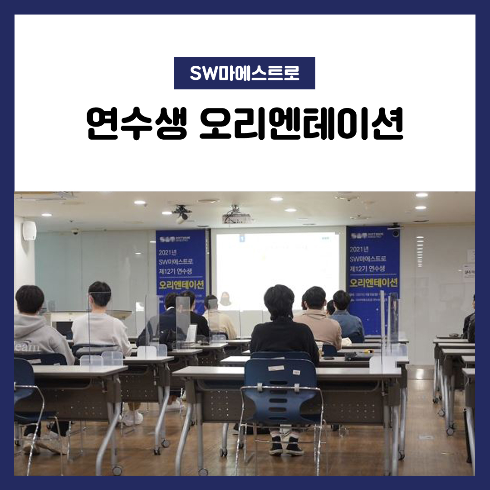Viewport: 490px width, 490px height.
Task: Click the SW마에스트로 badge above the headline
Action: [245, 73]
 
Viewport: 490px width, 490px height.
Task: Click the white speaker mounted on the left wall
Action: [29, 230]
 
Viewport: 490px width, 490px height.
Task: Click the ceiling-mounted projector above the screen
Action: [236, 217]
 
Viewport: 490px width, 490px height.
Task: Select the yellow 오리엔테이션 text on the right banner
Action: [373, 283]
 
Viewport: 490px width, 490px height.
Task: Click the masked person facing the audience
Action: [225, 299]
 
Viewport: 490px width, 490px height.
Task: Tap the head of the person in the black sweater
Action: [279, 301]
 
